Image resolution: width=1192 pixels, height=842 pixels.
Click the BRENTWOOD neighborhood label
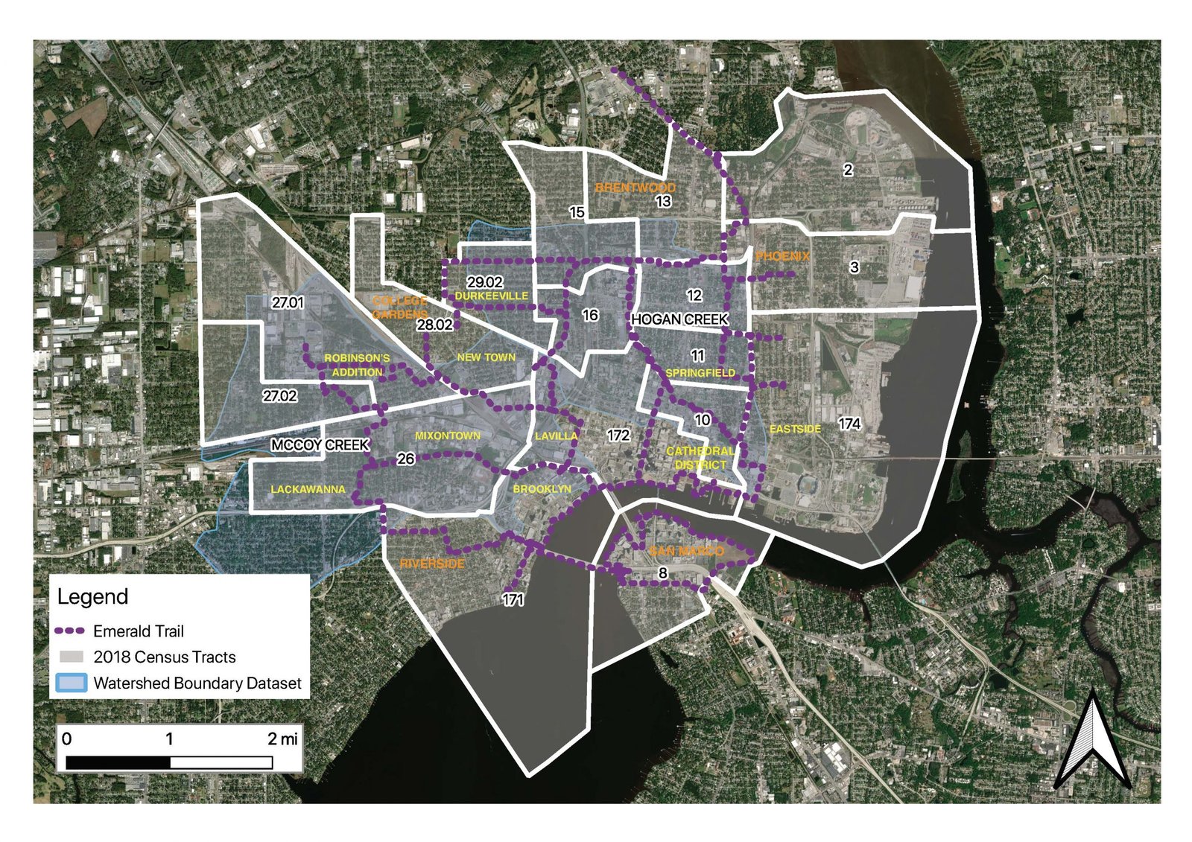[x=635, y=188]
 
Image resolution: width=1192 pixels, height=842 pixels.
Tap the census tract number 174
[x=849, y=424]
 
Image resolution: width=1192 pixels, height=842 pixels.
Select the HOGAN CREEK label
[x=679, y=319]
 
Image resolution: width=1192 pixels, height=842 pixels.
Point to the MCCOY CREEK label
[x=320, y=445]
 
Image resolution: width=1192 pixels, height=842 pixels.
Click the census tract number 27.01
[x=288, y=303]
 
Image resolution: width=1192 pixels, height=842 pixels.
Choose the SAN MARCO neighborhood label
[x=686, y=552]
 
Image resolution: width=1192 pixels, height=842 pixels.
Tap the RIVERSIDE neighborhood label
[x=432, y=564]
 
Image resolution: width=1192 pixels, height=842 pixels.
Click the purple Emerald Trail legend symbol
[x=70, y=631]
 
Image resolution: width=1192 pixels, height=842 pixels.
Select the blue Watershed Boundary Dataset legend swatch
[x=71, y=683]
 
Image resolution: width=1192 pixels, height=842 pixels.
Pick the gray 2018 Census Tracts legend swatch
[x=71, y=657]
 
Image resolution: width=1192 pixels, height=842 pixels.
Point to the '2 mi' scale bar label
[x=282, y=739]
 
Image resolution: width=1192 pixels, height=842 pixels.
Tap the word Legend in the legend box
[x=92, y=597]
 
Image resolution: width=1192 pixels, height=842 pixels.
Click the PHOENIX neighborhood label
[x=782, y=256]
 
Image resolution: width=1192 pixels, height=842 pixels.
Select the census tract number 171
[x=513, y=600]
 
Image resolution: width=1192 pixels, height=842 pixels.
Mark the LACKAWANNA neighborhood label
[x=308, y=489]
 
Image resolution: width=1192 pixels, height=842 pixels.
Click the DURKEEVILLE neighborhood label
[x=491, y=296]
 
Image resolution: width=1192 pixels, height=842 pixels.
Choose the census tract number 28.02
[x=434, y=325]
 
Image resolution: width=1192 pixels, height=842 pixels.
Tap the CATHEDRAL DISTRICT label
[x=700, y=458]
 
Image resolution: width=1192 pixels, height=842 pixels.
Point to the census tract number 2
[x=848, y=170]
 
